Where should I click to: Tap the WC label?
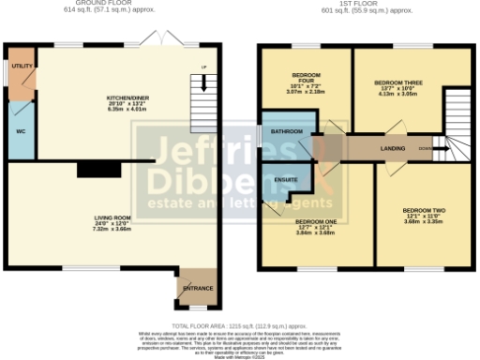click(19, 131)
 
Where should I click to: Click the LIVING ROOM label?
click(112, 218)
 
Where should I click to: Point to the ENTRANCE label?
click(197, 288)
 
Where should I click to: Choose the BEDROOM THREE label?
click(397, 83)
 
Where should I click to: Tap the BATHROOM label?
click(287, 131)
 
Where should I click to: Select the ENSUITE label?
click(285, 179)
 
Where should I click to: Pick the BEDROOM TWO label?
click(423, 209)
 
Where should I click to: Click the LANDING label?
click(393, 148)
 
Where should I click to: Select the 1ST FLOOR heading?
click(362, 4)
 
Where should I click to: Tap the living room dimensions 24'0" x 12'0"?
click(112, 224)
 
